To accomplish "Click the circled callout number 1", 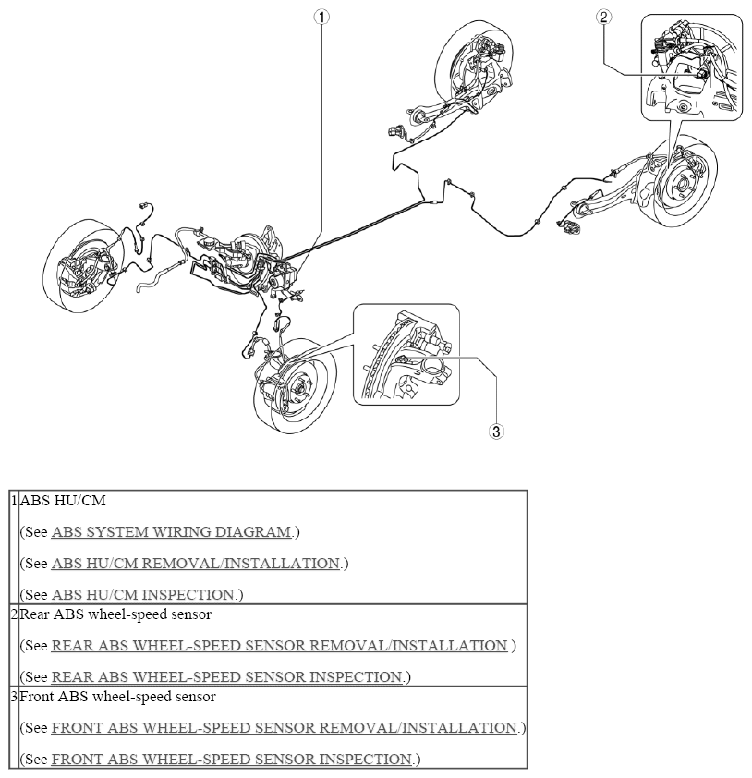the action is point(321,18).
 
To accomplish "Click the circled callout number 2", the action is point(603,18).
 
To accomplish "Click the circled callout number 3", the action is point(496,432).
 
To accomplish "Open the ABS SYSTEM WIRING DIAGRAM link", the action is point(171,532).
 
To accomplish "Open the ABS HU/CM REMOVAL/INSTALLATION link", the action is point(196,564).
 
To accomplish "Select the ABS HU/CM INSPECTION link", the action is point(143,595).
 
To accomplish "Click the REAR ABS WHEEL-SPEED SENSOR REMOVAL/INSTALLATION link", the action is point(280,646).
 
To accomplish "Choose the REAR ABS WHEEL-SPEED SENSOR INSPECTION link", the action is point(226,676).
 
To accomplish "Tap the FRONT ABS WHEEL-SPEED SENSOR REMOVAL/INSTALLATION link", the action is point(285,728).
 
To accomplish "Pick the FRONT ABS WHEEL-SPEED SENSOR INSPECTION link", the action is point(232,760).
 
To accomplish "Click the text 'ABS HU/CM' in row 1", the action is point(63,501).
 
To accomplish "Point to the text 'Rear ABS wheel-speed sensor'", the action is point(115,614).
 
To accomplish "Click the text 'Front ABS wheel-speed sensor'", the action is point(118,697).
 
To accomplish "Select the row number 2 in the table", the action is point(15,614).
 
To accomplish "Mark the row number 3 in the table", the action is point(15,696).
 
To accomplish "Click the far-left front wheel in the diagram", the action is point(82,266).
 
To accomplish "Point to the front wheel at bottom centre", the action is point(296,386).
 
